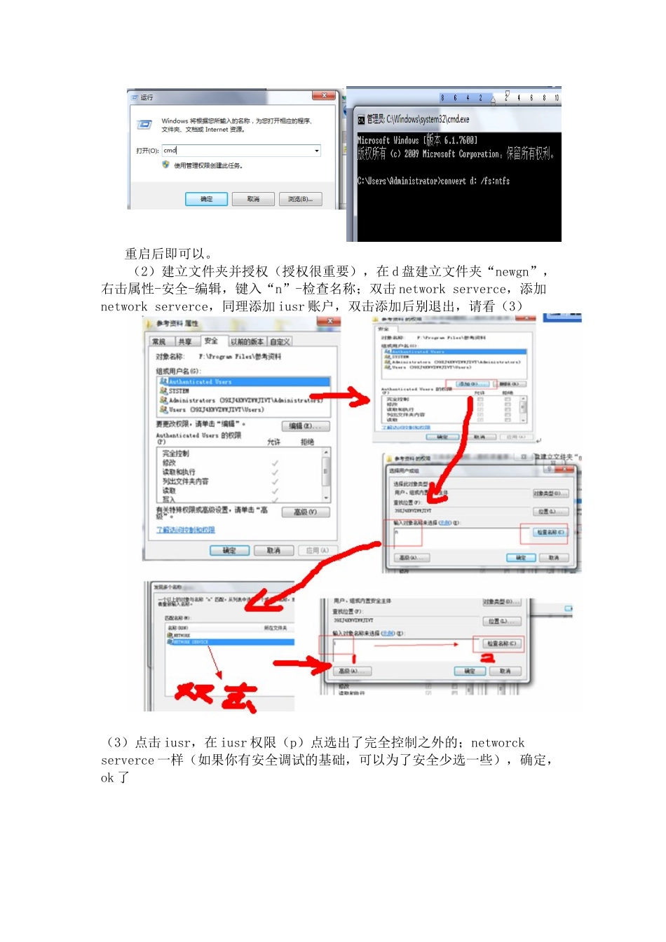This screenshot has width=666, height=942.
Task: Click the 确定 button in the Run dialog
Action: pyautogui.click(x=206, y=199)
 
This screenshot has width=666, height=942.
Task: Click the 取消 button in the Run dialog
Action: pyautogui.click(x=253, y=199)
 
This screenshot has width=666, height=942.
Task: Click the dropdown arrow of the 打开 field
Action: pyautogui.click(x=316, y=151)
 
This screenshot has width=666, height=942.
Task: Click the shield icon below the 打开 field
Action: pyautogui.click(x=165, y=165)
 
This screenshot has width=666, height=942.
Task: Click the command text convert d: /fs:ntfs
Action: pyautogui.click(x=475, y=181)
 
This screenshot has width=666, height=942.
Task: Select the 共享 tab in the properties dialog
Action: pyautogui.click(x=184, y=341)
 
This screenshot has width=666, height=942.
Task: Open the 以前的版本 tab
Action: pyautogui.click(x=247, y=341)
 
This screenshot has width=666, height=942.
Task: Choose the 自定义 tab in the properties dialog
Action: pyautogui.click(x=280, y=341)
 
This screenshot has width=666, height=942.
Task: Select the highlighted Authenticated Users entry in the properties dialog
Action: pyautogui.click(x=200, y=382)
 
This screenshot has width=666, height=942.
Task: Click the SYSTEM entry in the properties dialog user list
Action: pyautogui.click(x=179, y=391)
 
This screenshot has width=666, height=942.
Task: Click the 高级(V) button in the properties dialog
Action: pyautogui.click(x=305, y=512)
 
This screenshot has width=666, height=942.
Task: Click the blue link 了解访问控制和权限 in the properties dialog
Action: pyautogui.click(x=186, y=530)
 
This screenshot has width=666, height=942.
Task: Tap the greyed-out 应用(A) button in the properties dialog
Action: pyautogui.click(x=318, y=551)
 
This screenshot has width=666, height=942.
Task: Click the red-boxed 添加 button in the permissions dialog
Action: pyautogui.click(x=472, y=384)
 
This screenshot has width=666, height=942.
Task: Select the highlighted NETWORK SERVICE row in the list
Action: pyautogui.click(x=191, y=642)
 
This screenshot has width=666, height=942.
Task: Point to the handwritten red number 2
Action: pyautogui.click(x=487, y=657)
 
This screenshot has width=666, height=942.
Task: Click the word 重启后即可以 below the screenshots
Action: pyautogui.click(x=167, y=254)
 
